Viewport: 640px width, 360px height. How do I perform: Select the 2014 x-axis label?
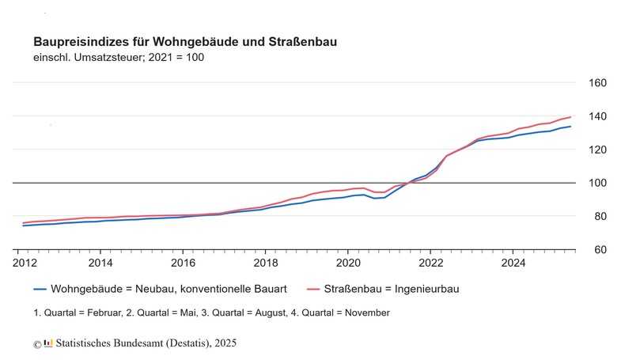(x=100, y=262)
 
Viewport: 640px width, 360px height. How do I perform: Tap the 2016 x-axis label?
(x=183, y=262)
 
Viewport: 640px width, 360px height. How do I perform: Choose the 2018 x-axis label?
(x=265, y=262)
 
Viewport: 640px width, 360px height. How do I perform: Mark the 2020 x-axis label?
(x=348, y=262)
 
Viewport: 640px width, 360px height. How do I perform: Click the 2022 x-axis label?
(x=430, y=262)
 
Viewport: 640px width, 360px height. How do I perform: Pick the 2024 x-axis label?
(x=513, y=262)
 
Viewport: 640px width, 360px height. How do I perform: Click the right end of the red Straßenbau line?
(x=570, y=117)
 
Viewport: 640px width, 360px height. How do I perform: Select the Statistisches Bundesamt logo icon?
(x=48, y=343)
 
